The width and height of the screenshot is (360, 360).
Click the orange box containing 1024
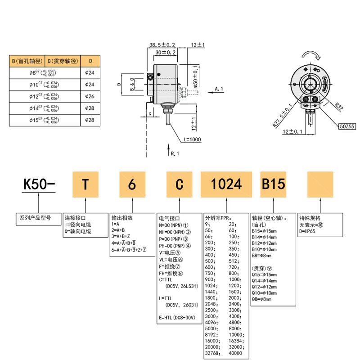click(x=226, y=184)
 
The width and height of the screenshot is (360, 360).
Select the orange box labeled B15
click(x=273, y=184)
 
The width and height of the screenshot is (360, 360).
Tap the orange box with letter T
click(x=85, y=184)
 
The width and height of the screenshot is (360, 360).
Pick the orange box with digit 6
click(x=132, y=184)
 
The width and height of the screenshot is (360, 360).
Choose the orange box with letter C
click(x=179, y=184)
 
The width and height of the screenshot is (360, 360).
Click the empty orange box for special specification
click(x=319, y=184)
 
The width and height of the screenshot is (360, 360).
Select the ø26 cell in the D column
click(x=90, y=96)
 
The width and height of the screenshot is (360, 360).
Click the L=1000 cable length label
click(x=192, y=139)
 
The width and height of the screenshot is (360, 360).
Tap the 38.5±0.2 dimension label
click(x=162, y=45)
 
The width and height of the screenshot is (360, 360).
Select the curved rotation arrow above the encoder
click(x=311, y=54)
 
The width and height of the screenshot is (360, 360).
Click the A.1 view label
click(x=219, y=89)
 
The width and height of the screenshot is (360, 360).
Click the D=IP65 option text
click(x=308, y=231)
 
